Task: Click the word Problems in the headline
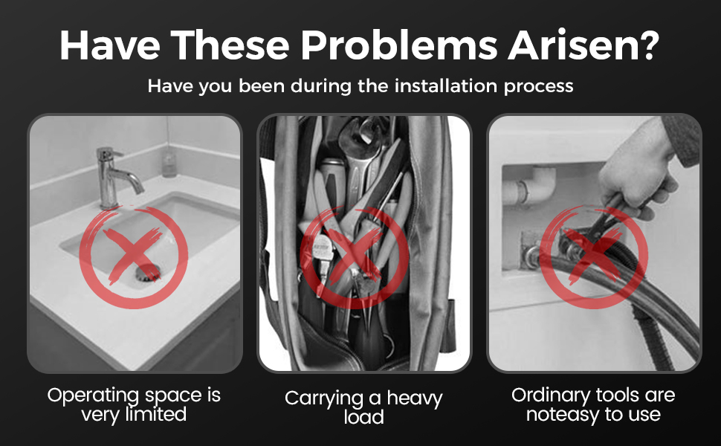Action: click(x=399, y=46)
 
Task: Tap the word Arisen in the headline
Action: click(x=572, y=46)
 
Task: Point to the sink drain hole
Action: click(x=147, y=272)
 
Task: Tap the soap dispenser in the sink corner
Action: click(x=169, y=164)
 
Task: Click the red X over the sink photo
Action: click(x=133, y=257)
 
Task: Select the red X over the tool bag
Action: click(x=355, y=257)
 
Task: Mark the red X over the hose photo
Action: click(x=594, y=257)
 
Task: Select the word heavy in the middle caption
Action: click(x=414, y=398)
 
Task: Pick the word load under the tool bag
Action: click(x=363, y=417)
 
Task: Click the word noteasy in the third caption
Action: click(x=562, y=415)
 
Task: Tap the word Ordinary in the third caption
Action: click(x=550, y=395)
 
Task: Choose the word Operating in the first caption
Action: click(x=92, y=395)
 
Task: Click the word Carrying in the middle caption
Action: click(x=325, y=399)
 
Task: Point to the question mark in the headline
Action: click(x=650, y=45)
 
